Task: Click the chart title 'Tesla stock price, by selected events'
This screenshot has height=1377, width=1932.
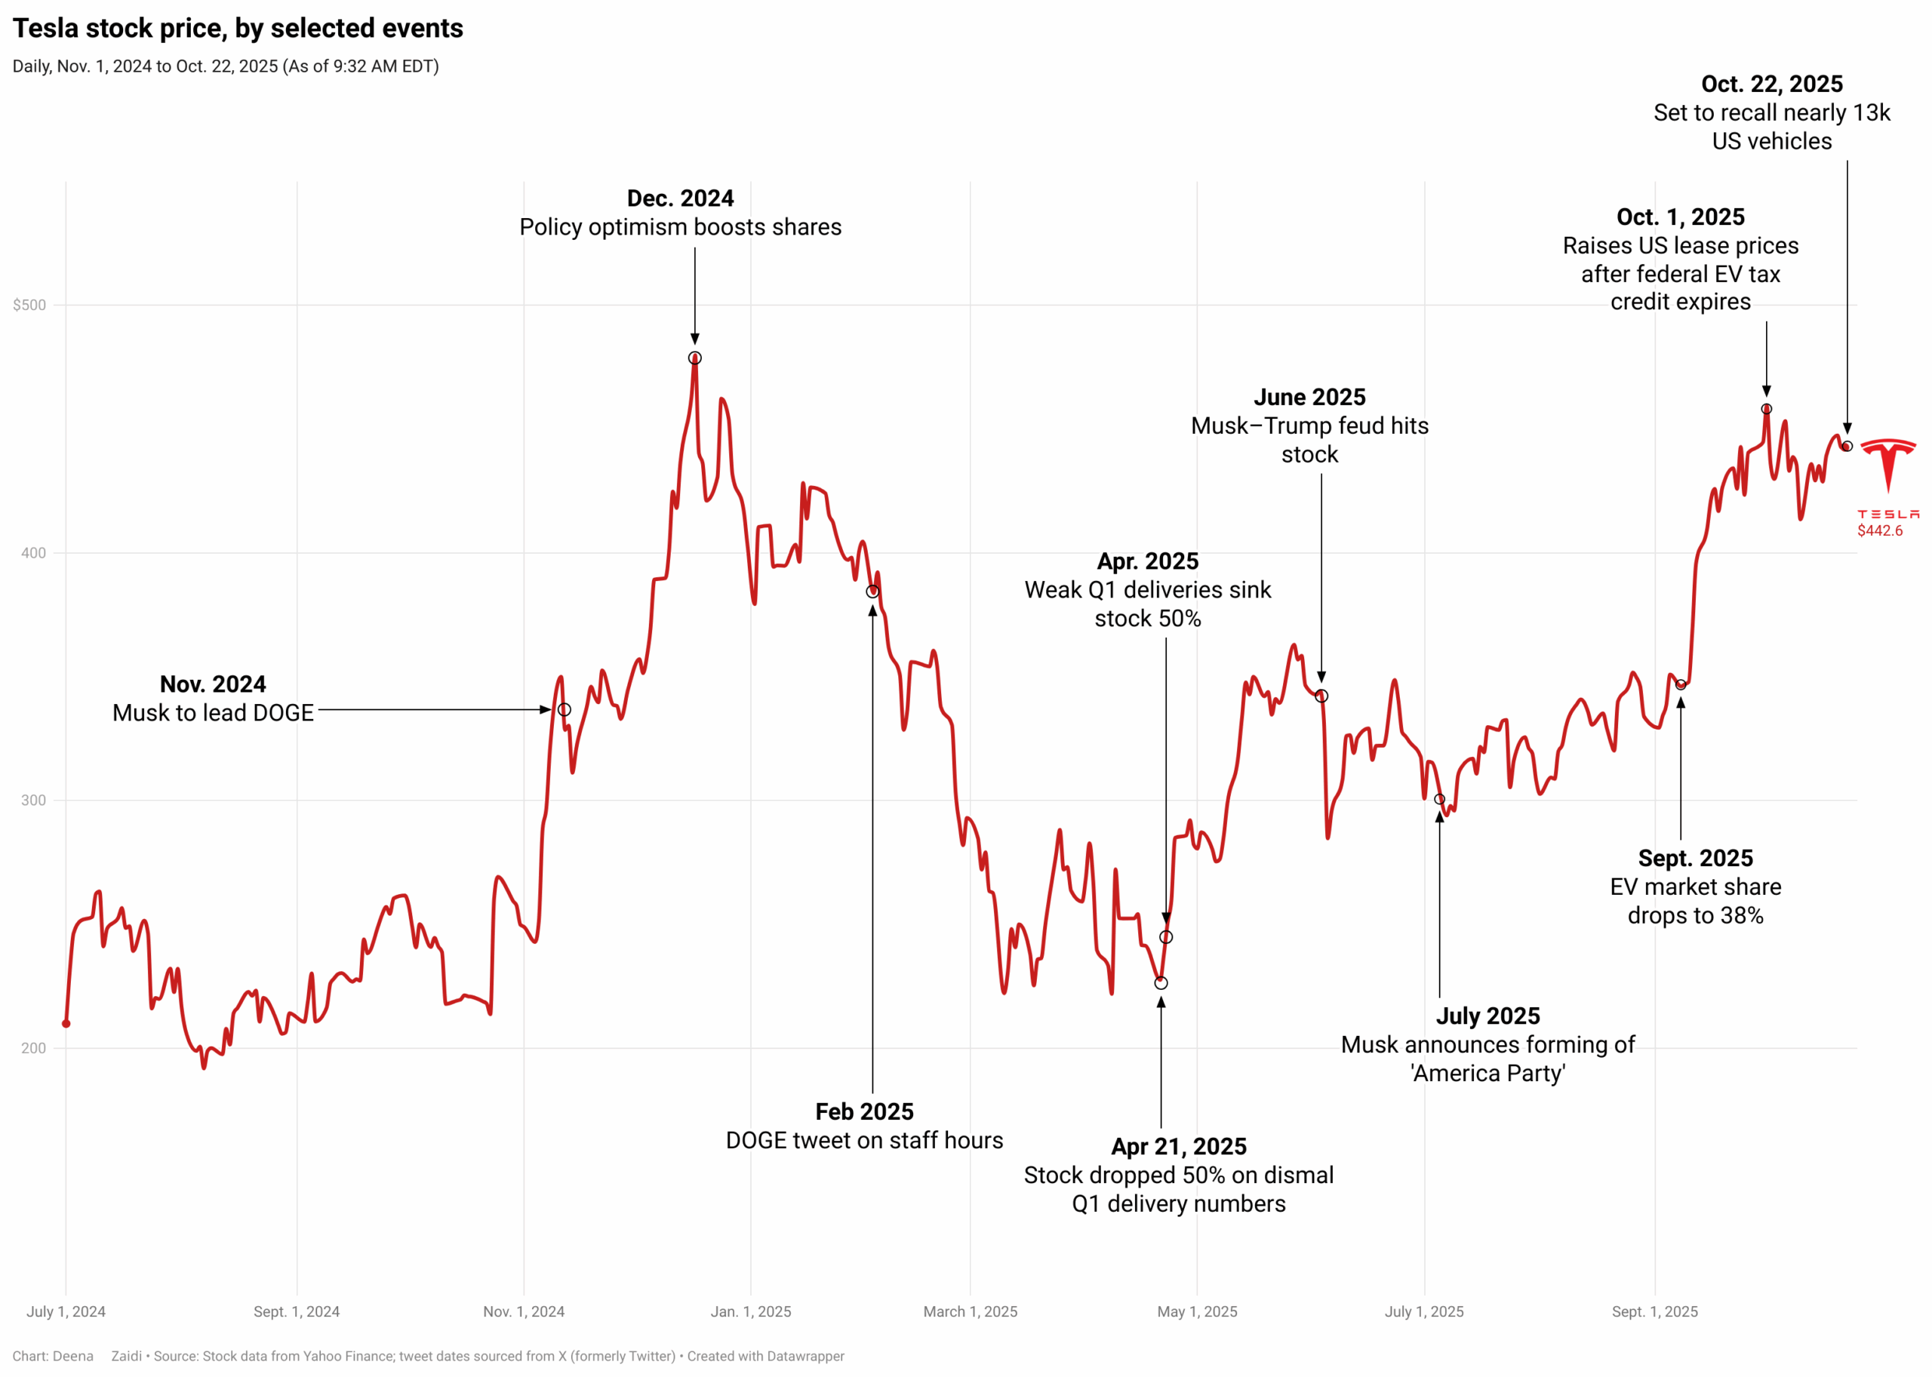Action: coord(238,29)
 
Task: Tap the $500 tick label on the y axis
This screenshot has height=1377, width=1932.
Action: coord(29,306)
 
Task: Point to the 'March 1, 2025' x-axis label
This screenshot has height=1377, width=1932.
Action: coord(971,1311)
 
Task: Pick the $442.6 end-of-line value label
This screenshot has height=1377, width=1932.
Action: coord(1879,530)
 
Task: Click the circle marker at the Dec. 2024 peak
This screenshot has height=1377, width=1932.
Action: coord(694,358)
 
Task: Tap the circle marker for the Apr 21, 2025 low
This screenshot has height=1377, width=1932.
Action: coord(1161,982)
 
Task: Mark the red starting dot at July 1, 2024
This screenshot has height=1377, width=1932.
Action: coord(66,1023)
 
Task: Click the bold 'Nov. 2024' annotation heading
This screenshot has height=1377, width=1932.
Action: coord(213,684)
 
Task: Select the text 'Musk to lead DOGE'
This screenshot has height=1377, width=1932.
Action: coord(213,713)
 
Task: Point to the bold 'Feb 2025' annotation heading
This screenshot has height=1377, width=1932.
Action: coord(864,1111)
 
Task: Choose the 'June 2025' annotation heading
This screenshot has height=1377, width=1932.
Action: coord(1309,397)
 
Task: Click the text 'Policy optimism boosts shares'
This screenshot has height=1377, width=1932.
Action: coord(680,227)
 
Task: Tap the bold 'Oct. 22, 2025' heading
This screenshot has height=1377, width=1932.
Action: coord(1772,84)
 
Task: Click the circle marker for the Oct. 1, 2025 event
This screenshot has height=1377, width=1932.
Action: coord(1767,409)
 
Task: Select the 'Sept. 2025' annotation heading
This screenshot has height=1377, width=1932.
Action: coord(1695,858)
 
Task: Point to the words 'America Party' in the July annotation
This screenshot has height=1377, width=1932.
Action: coord(1487,1074)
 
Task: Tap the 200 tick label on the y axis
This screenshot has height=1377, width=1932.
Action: coord(33,1048)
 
